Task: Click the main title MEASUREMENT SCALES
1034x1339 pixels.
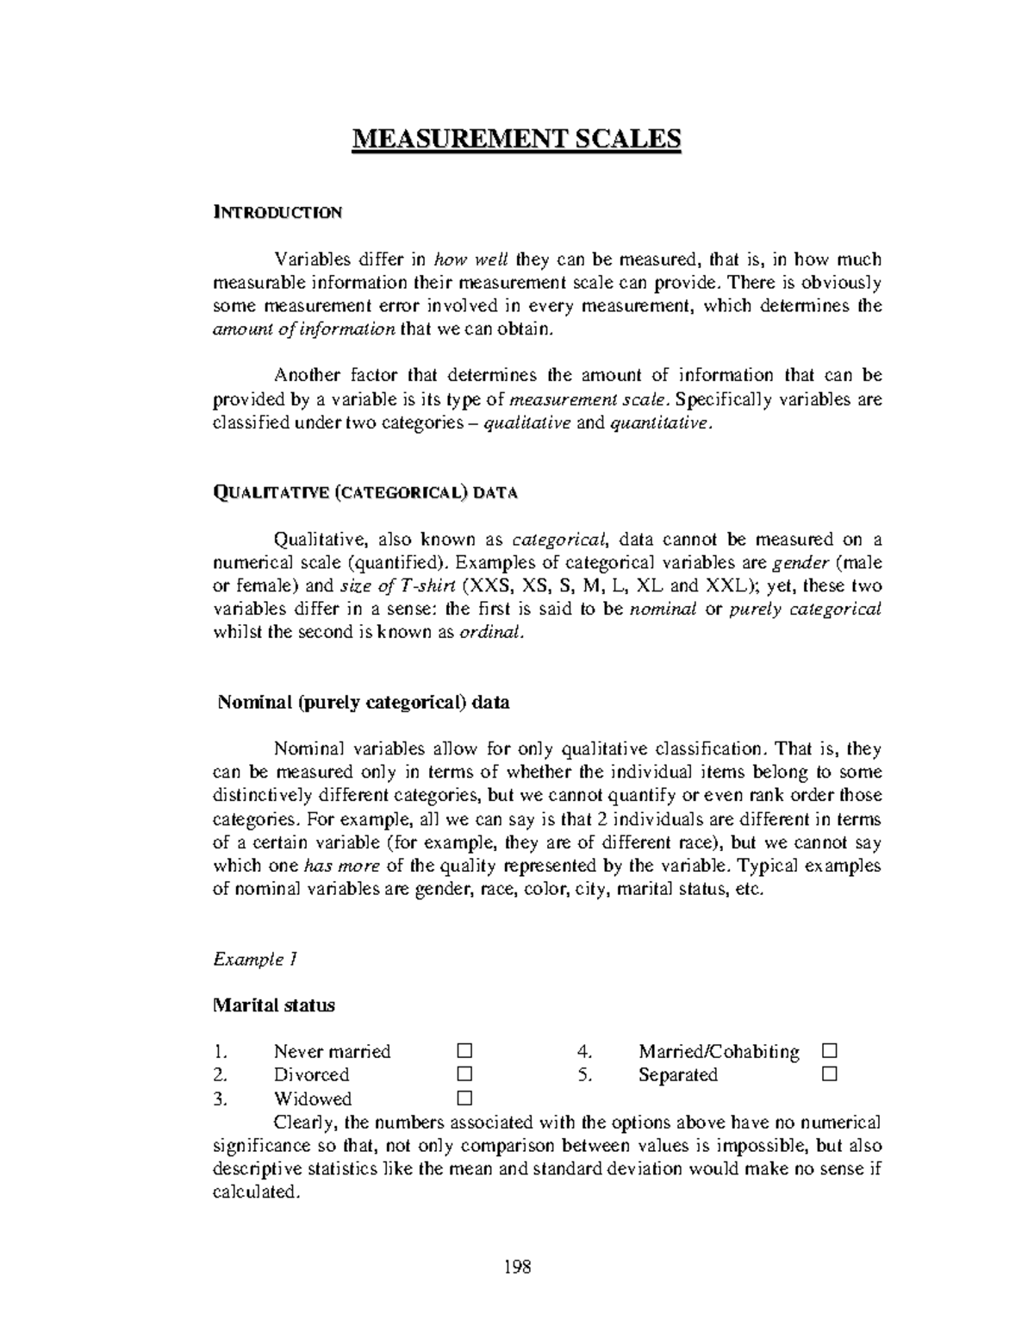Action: pos(516,139)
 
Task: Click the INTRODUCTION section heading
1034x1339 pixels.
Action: pos(277,212)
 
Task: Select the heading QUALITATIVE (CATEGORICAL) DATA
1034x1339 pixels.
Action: pos(364,492)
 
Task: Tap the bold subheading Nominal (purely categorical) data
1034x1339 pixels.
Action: pos(363,702)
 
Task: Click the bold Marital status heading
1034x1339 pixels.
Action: pos(273,1004)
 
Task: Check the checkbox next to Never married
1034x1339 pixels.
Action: pos(465,1051)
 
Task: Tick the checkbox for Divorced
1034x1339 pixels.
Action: pos(465,1074)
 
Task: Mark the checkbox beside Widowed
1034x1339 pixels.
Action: pos(465,1098)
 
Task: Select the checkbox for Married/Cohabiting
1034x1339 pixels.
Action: pos(829,1051)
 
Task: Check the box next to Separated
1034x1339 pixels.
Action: pos(829,1074)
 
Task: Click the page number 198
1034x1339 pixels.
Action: pos(517,1267)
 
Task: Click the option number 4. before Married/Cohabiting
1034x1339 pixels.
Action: pos(584,1052)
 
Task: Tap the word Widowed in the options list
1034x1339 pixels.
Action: pos(313,1098)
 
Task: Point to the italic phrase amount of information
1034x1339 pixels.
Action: pos(304,329)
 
